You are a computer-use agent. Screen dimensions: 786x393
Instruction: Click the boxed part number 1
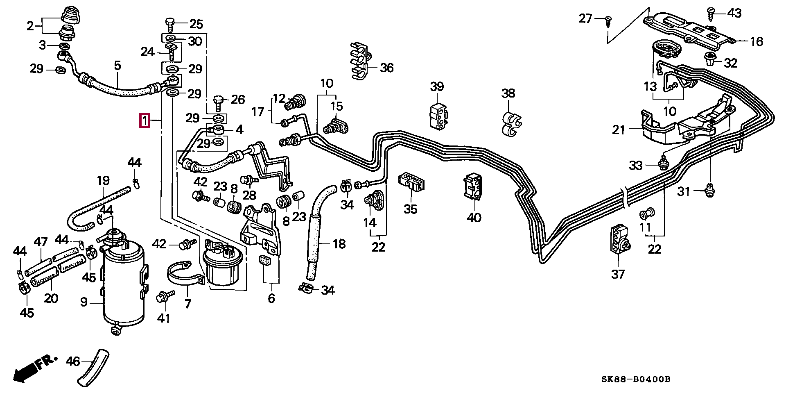pyautogui.click(x=145, y=121)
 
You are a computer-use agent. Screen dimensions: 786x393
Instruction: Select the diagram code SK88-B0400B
pyautogui.click(x=636, y=379)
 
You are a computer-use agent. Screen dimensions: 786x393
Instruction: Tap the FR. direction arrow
pyautogui.click(x=33, y=369)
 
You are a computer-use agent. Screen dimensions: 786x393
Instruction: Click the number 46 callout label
pyautogui.click(x=73, y=361)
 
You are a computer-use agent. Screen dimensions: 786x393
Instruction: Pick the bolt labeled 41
pyautogui.click(x=165, y=296)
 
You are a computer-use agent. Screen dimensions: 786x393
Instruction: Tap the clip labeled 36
pyautogui.click(x=360, y=60)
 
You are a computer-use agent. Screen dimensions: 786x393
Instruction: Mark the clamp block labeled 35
pyautogui.click(x=411, y=182)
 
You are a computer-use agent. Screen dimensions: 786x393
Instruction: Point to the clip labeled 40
pyautogui.click(x=473, y=186)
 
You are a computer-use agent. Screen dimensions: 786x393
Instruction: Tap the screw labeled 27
pyautogui.click(x=609, y=20)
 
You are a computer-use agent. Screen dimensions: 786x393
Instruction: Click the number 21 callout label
pyautogui.click(x=619, y=130)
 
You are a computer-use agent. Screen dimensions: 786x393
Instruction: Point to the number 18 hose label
pyautogui.click(x=339, y=244)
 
